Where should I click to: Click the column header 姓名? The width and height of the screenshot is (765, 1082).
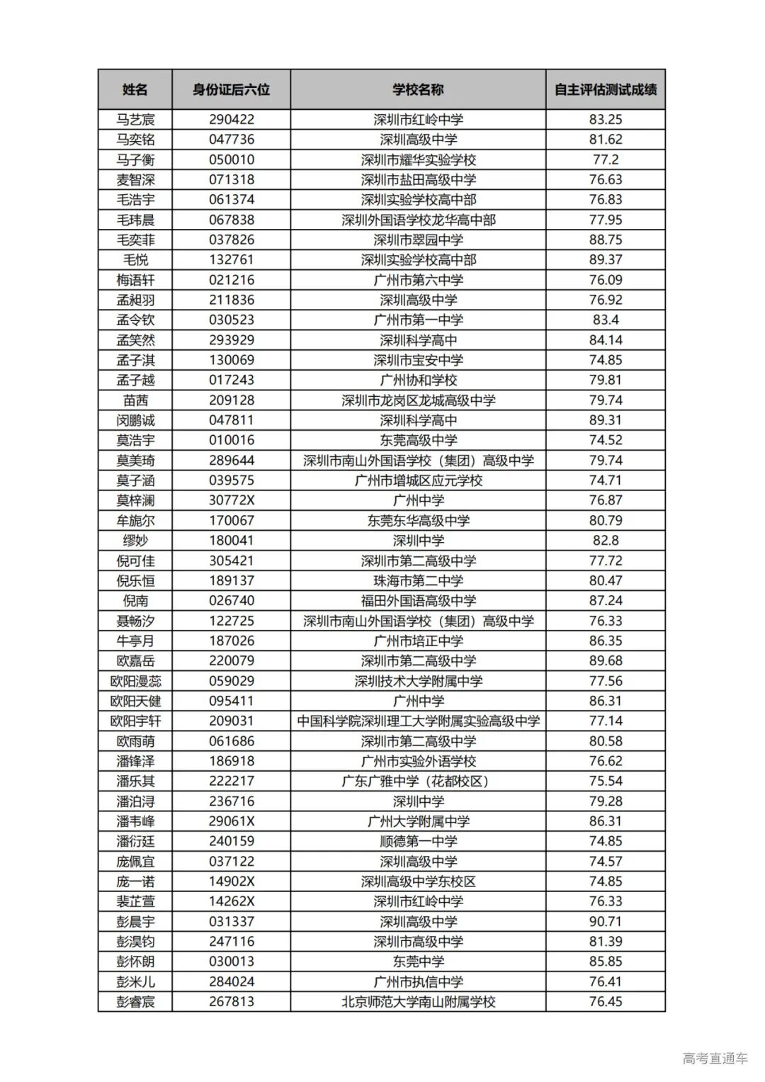[x=135, y=89]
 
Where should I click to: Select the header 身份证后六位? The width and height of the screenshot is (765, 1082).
[x=231, y=89]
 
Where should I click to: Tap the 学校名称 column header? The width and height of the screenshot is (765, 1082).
[x=418, y=89]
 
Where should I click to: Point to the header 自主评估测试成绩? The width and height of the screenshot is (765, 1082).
[x=605, y=89]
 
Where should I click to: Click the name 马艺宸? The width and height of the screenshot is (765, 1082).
[x=135, y=119]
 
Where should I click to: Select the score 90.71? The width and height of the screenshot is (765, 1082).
[x=605, y=921]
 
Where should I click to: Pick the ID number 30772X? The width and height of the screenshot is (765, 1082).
[x=231, y=500]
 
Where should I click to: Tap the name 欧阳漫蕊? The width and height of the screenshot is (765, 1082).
[x=135, y=681]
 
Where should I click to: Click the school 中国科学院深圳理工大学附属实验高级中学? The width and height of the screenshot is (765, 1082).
[x=418, y=721]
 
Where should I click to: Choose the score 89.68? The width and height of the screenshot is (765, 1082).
[x=605, y=660]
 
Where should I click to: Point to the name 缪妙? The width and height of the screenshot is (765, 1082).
[x=135, y=540]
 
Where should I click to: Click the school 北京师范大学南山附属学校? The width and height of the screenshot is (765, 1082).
[x=418, y=1001]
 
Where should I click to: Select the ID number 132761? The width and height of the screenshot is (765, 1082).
[x=231, y=259]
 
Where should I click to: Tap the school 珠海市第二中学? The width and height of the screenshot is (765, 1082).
[x=418, y=580]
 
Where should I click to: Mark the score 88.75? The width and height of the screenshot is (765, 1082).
[x=605, y=239]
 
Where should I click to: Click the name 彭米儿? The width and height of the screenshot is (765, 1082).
[x=135, y=981]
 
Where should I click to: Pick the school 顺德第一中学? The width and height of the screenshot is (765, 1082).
[x=418, y=841]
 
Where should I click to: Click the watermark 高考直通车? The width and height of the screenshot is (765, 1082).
[x=715, y=1059]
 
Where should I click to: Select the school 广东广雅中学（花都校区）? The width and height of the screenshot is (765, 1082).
[x=418, y=781]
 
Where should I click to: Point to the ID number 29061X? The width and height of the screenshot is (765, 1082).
[x=231, y=821]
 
